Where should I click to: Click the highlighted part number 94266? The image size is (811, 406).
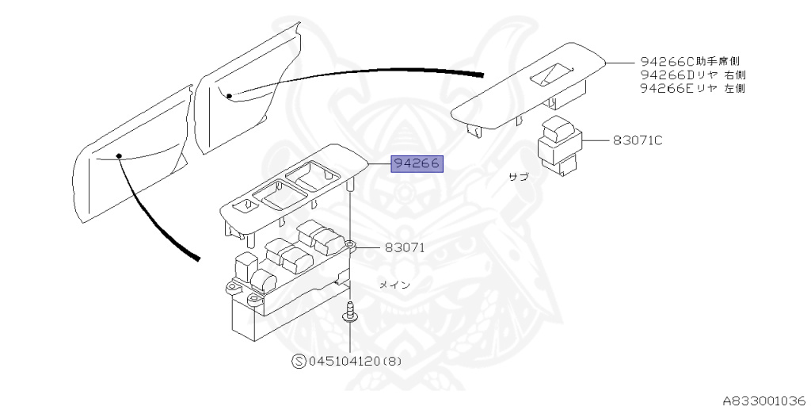coord(417,164)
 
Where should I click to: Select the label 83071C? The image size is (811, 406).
coord(637,140)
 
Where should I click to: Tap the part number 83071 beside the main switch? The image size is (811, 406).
coord(405,247)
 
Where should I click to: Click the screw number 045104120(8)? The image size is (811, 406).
coord(353,362)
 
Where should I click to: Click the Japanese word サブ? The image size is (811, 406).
coord(518,178)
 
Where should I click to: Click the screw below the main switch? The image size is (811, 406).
coord(348,313)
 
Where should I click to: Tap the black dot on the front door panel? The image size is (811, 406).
coord(118,155)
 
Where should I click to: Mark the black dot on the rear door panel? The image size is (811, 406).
coord(229,96)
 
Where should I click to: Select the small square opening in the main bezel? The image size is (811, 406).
coord(248,205)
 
